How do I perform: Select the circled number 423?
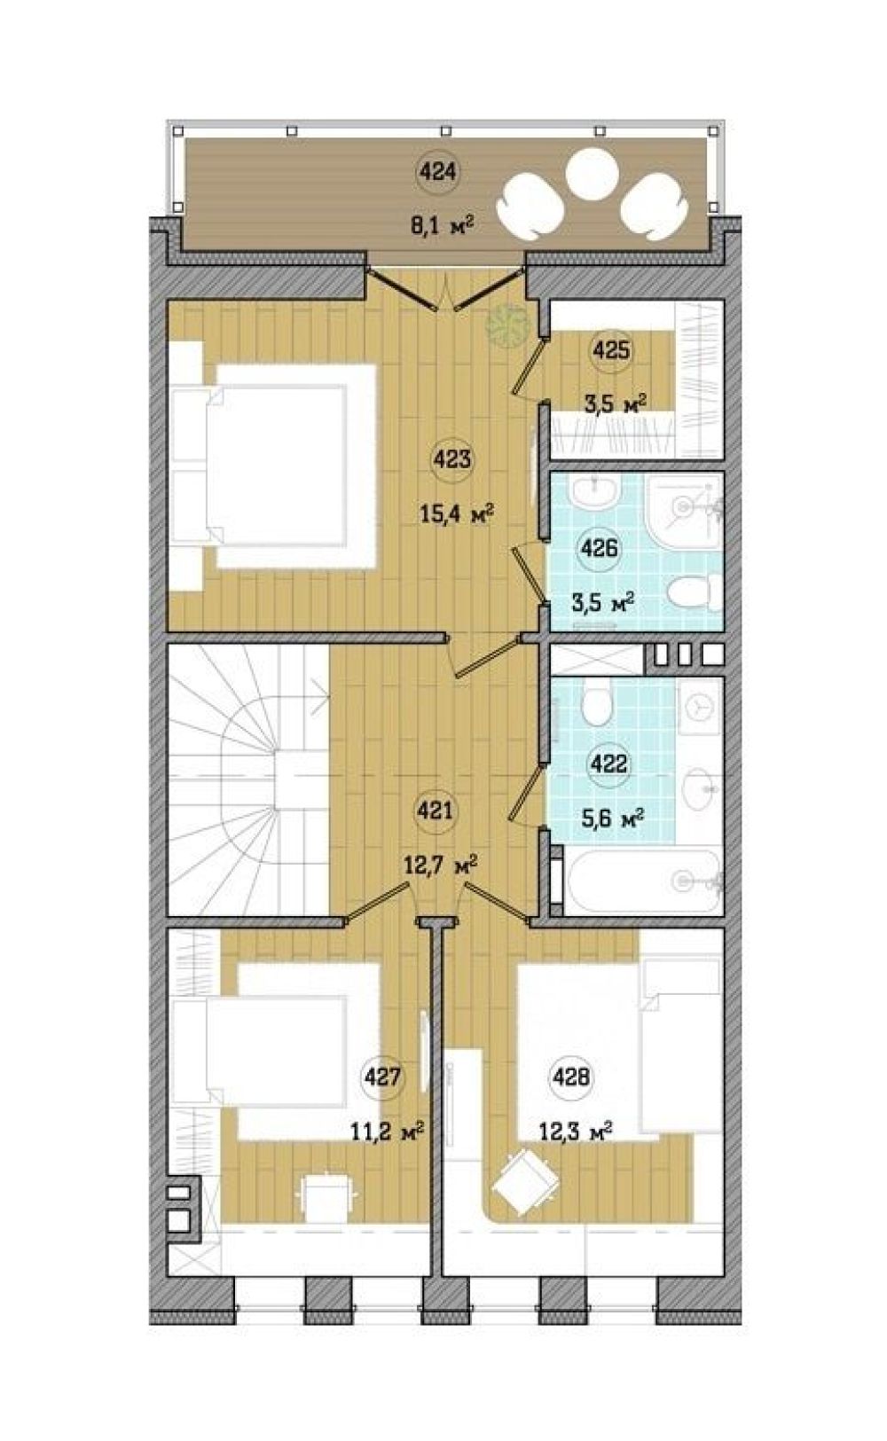(452, 460)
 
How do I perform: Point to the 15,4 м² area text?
(457, 514)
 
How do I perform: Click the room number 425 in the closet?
(611, 351)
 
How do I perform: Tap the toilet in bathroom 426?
(688, 591)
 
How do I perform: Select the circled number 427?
(382, 1077)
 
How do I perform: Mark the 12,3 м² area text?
(575, 1129)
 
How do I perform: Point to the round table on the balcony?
(592, 175)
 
